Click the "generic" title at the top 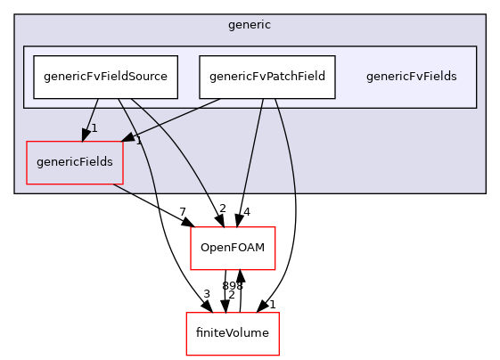coord(250,25)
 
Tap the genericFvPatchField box coord(267,77)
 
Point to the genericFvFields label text coord(411,77)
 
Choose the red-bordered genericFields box coord(75,162)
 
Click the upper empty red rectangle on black coord(233,249)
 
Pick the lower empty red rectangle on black coord(232,334)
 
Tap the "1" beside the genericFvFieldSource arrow coord(94,128)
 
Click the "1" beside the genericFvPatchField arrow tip coord(139,141)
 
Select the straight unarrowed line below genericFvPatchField coord(252,143)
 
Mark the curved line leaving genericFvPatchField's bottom coord(287,143)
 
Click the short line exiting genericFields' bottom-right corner coord(122,188)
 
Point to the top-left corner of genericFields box coord(27,141)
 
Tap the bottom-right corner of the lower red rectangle coord(279,356)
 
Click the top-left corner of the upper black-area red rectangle coord(191,227)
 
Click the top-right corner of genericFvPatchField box coord(336,56)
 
